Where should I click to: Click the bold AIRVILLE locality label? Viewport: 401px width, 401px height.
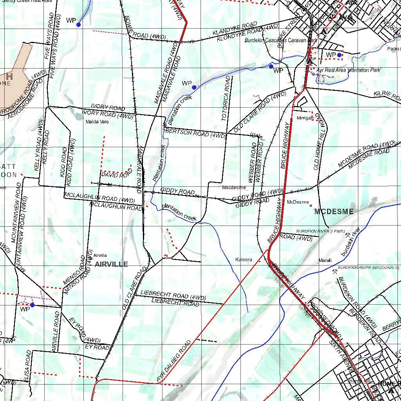tap(111, 264)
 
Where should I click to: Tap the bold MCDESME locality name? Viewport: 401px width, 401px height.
tap(334, 212)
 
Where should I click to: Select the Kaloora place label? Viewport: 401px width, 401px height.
tap(244, 260)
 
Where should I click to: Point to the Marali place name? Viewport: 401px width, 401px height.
tap(325, 260)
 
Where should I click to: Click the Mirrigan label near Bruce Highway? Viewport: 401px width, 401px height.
tap(305, 118)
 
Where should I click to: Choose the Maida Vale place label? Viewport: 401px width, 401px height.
tap(97, 122)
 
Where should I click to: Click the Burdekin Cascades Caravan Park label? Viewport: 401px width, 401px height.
tap(280, 40)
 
